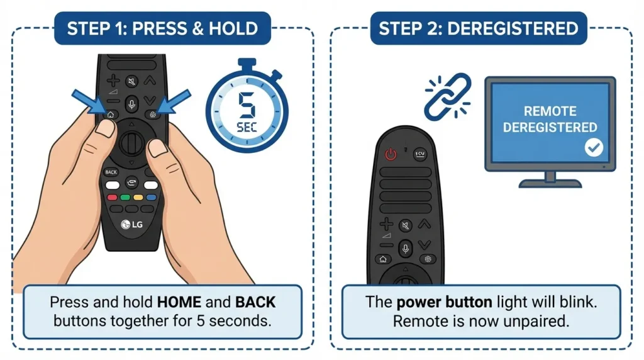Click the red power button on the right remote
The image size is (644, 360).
tap(391, 154)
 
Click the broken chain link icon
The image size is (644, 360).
tap(447, 96)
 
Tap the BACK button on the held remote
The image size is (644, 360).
tap(111, 172)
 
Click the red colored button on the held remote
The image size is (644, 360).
tap(113, 197)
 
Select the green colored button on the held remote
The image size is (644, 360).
tap(125, 197)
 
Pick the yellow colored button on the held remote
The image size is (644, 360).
tap(138, 197)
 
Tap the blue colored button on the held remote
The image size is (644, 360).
tap(151, 197)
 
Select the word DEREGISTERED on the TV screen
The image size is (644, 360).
tap(550, 127)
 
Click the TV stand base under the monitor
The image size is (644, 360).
tap(550, 183)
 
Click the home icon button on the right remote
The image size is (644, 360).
tap(382, 259)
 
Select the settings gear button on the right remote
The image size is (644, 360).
tap(429, 259)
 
